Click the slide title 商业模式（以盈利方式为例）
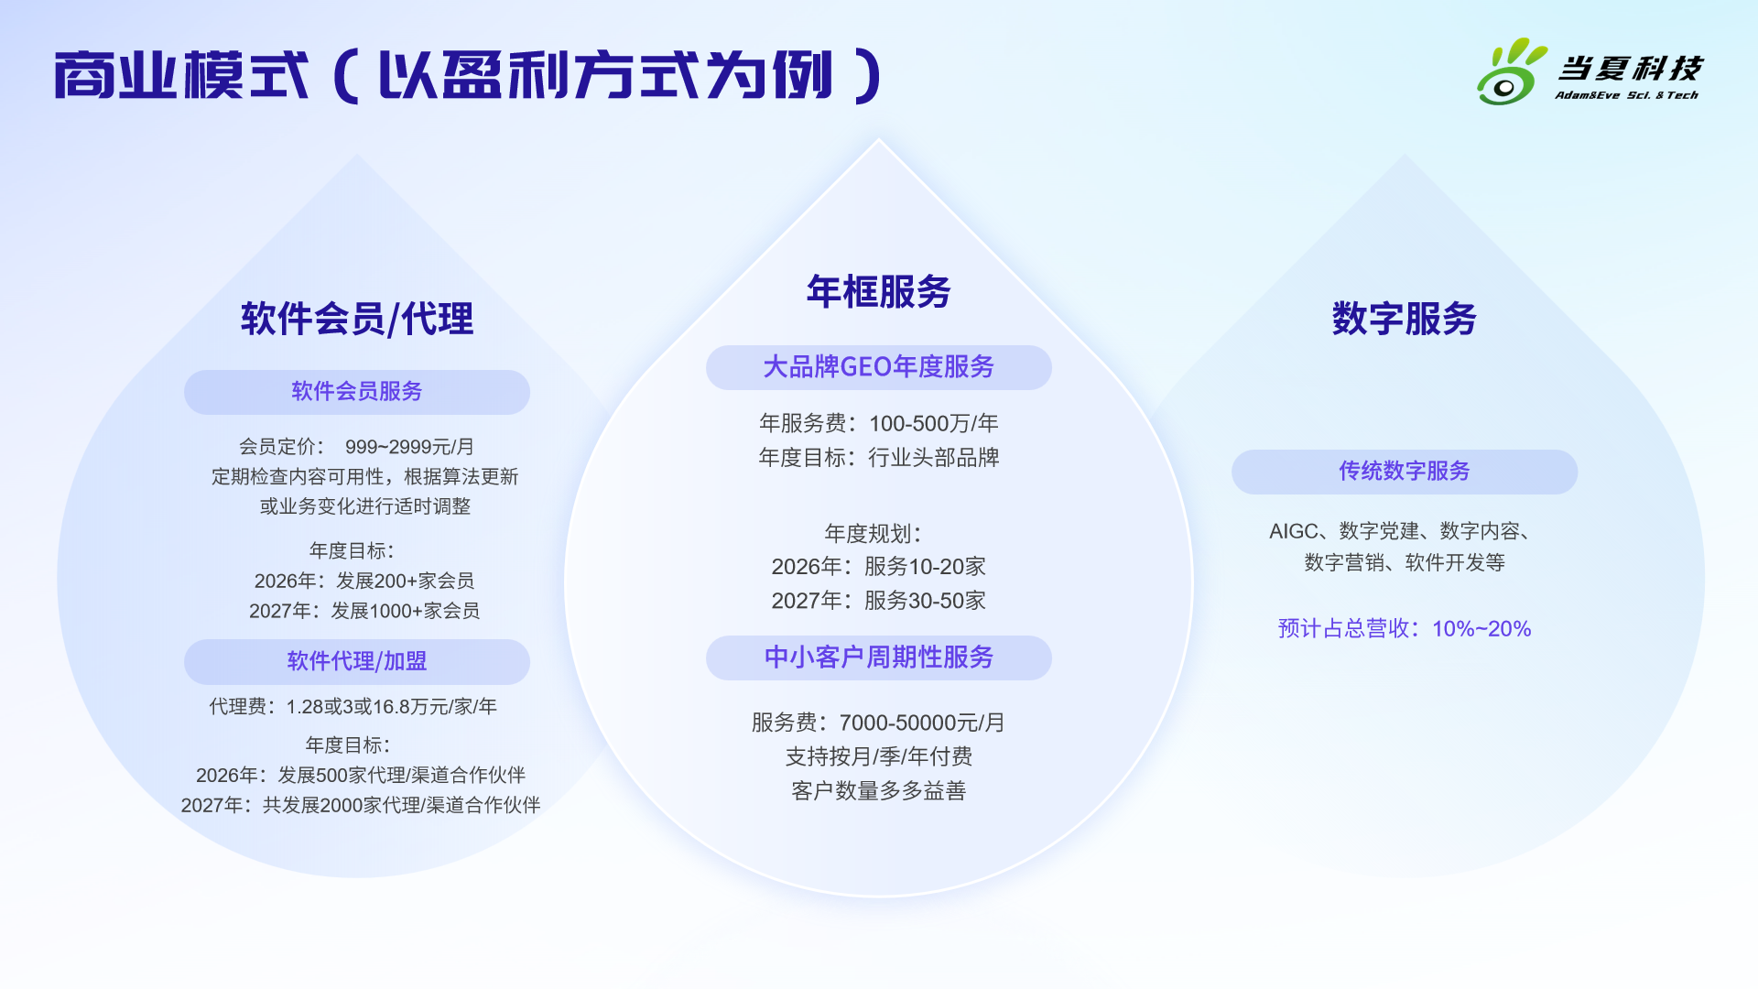pyautogui.click(x=468, y=75)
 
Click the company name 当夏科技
pyautogui.click(x=1630, y=69)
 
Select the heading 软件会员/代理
pyautogui.click(x=357, y=319)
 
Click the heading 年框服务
pyautogui.click(x=879, y=291)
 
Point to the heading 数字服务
pyautogui.click(x=1405, y=319)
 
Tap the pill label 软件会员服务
pyautogui.click(x=357, y=392)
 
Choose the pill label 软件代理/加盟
pyautogui.click(x=357, y=661)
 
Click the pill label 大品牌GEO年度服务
pyautogui.click(x=879, y=367)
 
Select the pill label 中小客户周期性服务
pyautogui.click(x=879, y=658)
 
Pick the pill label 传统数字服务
pyautogui.click(x=1405, y=472)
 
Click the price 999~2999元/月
pyautogui.click(x=410, y=447)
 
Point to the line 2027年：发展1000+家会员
pyautogui.click(x=364, y=611)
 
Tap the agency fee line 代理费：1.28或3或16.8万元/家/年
pyautogui.click(x=353, y=707)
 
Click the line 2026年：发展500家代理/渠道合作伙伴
pyautogui.click(x=361, y=776)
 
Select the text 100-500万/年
pyautogui.click(x=934, y=423)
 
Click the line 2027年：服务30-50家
pyautogui.click(x=879, y=601)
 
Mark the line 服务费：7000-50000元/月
pyautogui.click(x=879, y=723)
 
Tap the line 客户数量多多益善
pyautogui.click(x=879, y=790)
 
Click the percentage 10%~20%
pyautogui.click(x=1481, y=629)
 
